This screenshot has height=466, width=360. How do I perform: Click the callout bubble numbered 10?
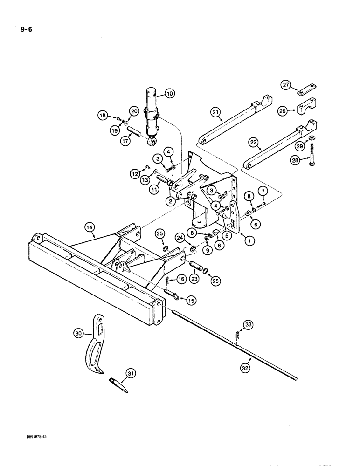pos(169,94)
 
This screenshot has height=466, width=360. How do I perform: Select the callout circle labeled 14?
pos(90,227)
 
